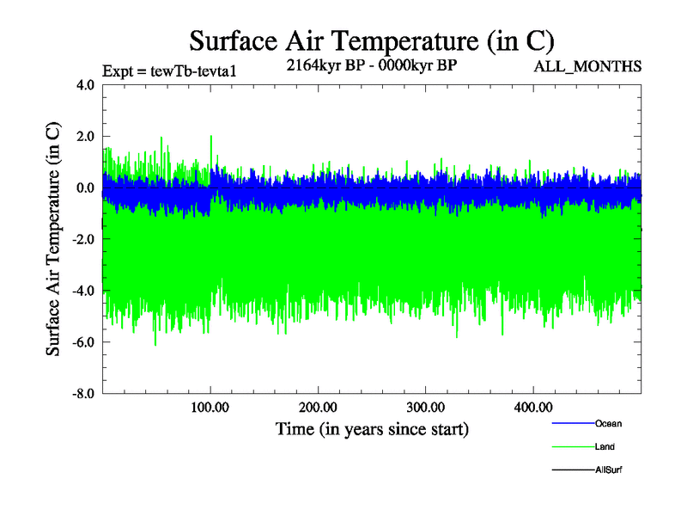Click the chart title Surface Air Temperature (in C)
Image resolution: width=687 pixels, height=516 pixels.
[x=371, y=40]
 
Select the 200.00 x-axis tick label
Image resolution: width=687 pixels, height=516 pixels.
[x=318, y=407]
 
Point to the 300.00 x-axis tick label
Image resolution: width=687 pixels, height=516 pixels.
[x=425, y=407]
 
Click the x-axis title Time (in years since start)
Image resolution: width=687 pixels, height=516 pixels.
[x=372, y=428]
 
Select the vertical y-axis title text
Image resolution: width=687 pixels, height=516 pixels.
[x=53, y=239]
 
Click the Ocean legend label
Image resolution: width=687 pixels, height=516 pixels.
[x=608, y=423]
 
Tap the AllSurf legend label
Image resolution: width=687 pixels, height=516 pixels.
[x=609, y=470]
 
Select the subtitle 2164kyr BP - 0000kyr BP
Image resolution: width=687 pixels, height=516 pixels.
[x=371, y=64]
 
